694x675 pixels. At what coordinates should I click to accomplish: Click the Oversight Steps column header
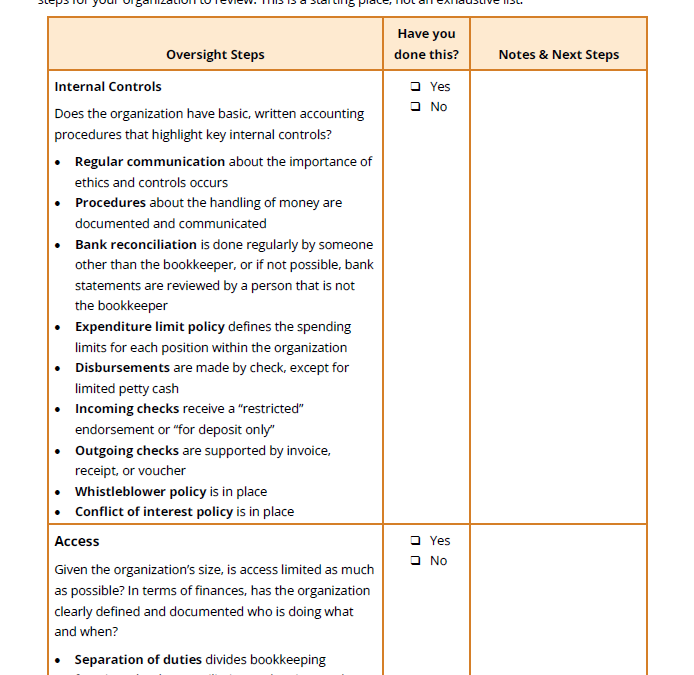pyautogui.click(x=215, y=55)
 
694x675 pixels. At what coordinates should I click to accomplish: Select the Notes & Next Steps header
pyautogui.click(x=558, y=55)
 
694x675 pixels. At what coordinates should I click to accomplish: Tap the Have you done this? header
pyautogui.click(x=426, y=44)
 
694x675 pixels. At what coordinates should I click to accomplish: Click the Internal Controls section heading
pyautogui.click(x=108, y=87)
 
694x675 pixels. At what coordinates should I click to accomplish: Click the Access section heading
pyautogui.click(x=77, y=541)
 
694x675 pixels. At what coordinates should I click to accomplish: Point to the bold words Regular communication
pyautogui.click(x=150, y=162)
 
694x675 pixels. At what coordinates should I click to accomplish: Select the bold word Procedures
pyautogui.click(x=111, y=203)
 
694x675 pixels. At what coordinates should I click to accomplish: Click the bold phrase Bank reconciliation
pyautogui.click(x=136, y=244)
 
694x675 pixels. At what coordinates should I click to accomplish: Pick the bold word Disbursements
pyautogui.click(x=122, y=368)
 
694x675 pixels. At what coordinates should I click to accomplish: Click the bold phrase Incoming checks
pyautogui.click(x=127, y=409)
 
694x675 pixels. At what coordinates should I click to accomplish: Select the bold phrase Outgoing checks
pyautogui.click(x=127, y=451)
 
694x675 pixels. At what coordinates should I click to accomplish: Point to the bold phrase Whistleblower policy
pyautogui.click(x=140, y=492)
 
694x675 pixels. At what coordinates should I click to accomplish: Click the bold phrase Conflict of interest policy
pyautogui.click(x=154, y=512)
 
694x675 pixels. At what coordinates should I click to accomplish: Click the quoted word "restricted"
pyautogui.click(x=270, y=409)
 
